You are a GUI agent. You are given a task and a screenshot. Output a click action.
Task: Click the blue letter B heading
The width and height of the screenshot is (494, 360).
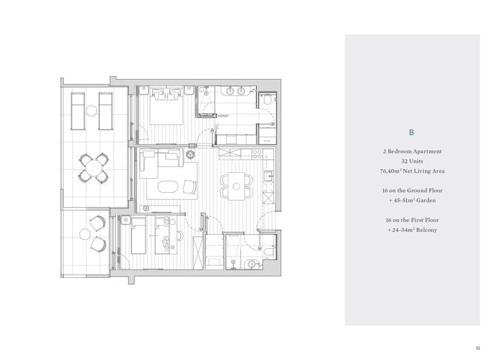412,132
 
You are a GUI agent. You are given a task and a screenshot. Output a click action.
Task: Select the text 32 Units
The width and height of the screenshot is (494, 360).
412,161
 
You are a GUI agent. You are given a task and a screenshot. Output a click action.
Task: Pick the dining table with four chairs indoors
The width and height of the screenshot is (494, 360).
235,184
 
